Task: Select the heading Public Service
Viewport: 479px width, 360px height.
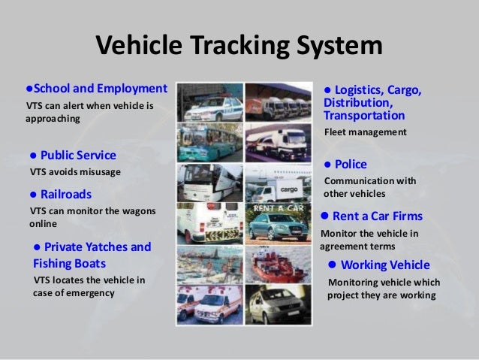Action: click(78, 156)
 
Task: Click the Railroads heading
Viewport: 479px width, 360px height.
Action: click(66, 194)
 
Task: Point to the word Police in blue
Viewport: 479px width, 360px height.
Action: click(351, 164)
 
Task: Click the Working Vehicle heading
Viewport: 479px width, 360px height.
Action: click(385, 265)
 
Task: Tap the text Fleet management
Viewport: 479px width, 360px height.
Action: click(365, 132)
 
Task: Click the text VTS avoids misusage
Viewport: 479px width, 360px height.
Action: click(75, 172)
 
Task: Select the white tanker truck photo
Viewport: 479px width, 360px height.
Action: click(277, 141)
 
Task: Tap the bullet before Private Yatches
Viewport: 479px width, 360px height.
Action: click(38, 247)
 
